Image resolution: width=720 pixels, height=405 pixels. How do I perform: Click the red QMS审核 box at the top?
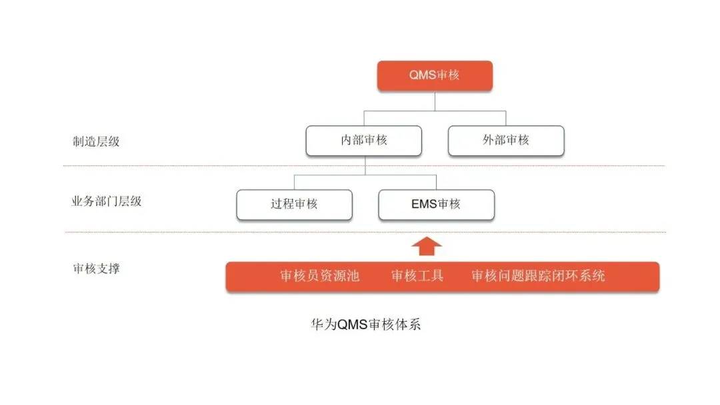[x=435, y=75]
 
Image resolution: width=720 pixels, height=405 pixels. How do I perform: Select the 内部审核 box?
[x=364, y=141]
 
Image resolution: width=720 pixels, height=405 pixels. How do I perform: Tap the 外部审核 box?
[x=506, y=141]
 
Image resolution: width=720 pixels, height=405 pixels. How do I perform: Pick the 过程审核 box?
[x=294, y=204]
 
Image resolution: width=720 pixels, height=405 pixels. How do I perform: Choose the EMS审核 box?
[x=436, y=204]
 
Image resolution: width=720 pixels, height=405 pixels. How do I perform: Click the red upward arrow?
[x=427, y=246]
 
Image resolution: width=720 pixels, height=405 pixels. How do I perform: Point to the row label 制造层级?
[x=96, y=141]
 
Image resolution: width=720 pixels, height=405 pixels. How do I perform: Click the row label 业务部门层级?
[x=107, y=201]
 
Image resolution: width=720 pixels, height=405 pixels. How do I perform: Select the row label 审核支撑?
[x=96, y=269]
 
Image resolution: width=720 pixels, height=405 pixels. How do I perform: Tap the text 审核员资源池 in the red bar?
[x=320, y=276]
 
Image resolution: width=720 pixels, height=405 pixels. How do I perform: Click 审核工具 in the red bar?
[x=417, y=276]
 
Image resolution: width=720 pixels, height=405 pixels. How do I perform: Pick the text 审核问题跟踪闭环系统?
[x=538, y=276]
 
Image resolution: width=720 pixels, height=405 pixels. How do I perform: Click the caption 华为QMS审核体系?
[x=366, y=325]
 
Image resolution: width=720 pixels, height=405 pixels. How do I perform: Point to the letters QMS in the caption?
[x=352, y=325]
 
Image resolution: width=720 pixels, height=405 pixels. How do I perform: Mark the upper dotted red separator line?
[x=200, y=166]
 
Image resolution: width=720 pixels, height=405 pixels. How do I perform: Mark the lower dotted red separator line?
[x=200, y=232]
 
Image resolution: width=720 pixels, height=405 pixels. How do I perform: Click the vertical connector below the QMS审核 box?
[x=435, y=101]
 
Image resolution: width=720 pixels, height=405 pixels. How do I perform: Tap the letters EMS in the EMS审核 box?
[x=424, y=204]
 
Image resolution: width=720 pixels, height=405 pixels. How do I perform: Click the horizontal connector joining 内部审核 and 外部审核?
[x=467, y=111]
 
